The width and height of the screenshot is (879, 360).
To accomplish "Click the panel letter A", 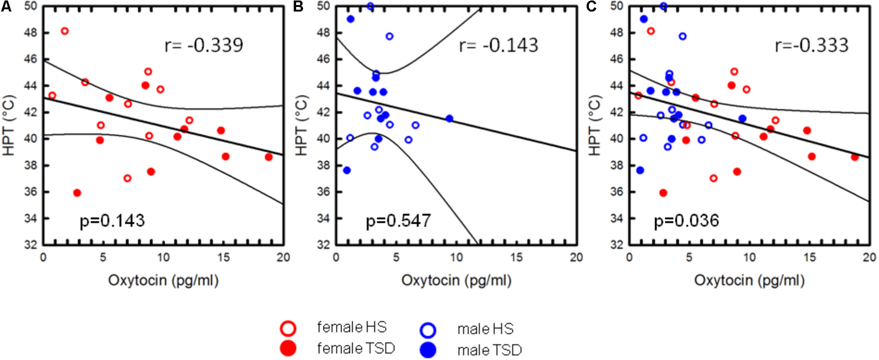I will [x=6, y=6].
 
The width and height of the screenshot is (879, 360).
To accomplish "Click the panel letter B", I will [x=299, y=6].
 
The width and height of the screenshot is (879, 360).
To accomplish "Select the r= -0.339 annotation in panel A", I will [x=204, y=45].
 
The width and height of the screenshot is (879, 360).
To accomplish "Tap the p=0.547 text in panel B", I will [x=398, y=221].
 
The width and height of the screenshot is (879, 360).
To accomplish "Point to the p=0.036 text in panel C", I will [x=687, y=221].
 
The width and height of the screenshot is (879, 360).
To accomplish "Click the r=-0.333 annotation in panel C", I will [x=812, y=45].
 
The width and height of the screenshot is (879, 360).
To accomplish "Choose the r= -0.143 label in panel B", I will [x=499, y=45].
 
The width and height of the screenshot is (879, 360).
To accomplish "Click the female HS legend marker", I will [x=288, y=328].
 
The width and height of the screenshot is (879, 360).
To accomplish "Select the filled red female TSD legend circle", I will [x=288, y=348].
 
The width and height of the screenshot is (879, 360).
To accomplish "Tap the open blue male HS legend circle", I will [x=428, y=330].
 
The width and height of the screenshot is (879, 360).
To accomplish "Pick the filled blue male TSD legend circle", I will [x=428, y=350].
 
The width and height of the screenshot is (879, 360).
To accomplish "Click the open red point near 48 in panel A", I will [x=64, y=31].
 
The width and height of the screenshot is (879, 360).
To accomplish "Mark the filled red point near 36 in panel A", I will [x=77, y=193].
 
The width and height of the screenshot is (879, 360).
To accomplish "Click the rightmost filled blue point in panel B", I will [x=449, y=119].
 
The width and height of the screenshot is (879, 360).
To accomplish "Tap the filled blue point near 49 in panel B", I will [x=351, y=19].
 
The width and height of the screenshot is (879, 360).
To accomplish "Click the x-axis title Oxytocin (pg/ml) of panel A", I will [x=163, y=281].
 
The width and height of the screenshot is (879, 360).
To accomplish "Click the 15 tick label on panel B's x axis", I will [x=516, y=257].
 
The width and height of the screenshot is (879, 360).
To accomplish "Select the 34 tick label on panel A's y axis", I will [x=31, y=218].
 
